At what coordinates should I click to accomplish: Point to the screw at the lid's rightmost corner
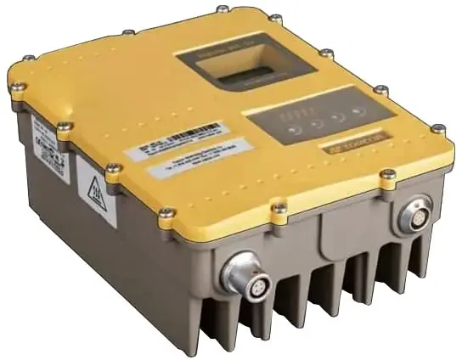[x=437, y=129]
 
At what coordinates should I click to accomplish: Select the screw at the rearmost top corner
[x=222, y=10]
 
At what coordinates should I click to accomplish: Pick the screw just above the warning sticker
[x=112, y=168]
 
